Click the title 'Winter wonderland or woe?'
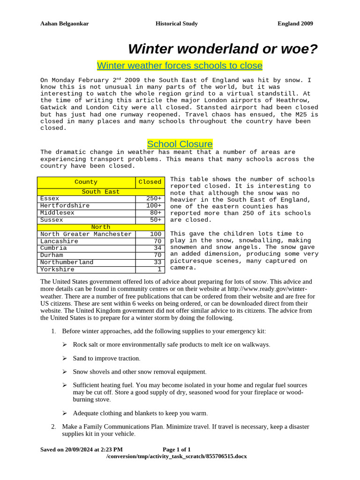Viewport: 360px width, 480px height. tap(223, 49)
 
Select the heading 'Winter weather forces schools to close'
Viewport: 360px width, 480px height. tap(180, 65)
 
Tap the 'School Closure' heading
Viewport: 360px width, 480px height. tap(180, 144)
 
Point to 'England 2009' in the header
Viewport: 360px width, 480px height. tap(295, 23)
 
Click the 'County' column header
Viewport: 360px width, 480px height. tap(86, 182)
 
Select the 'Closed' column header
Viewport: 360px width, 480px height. tap(150, 182)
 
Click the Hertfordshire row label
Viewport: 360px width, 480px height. tap(65, 206)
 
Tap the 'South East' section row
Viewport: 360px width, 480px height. tap(101, 192)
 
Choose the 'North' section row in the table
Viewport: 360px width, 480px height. tap(101, 227)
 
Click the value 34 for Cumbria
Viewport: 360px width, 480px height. tap(157, 248)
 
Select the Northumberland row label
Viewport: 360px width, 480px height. tap(67, 262)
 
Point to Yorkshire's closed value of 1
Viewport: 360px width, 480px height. tap(159, 270)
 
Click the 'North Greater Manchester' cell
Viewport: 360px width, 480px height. tap(86, 234)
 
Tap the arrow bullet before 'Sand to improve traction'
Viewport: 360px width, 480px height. tap(65, 359)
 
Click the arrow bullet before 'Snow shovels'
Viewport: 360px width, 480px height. tap(65, 372)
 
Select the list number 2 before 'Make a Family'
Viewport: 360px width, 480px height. tap(53, 427)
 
